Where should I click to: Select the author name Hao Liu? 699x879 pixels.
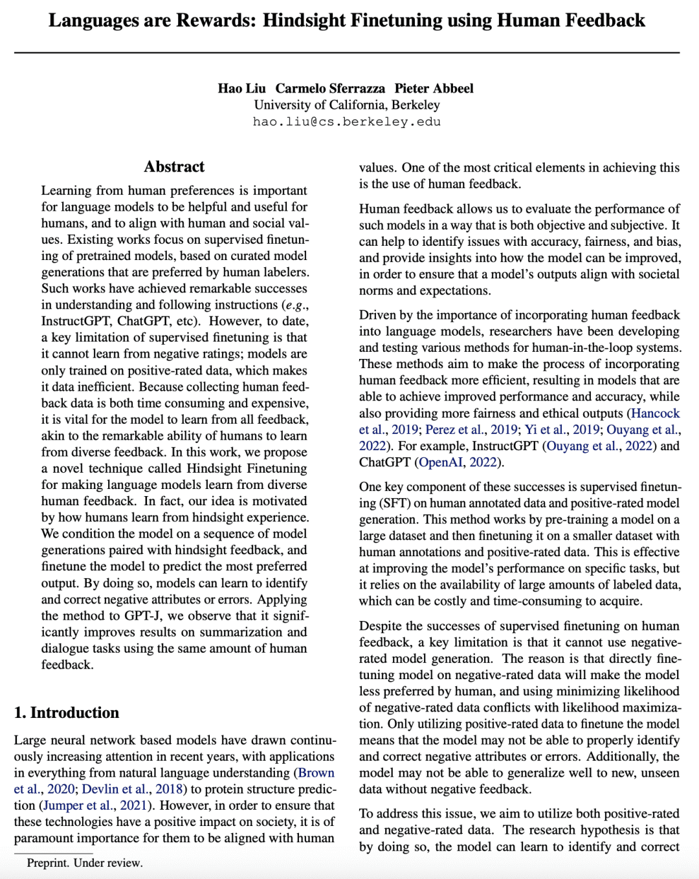click(x=241, y=89)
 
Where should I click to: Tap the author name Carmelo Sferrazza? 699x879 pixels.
click(x=330, y=89)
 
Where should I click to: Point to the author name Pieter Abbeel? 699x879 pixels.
click(x=434, y=89)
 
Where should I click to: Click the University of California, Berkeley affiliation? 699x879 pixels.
click(x=346, y=105)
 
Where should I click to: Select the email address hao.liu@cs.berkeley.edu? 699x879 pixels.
click(x=346, y=122)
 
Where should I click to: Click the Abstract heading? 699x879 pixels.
click(x=174, y=167)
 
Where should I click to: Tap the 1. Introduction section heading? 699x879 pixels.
click(x=67, y=713)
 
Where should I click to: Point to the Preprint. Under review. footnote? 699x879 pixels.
click(x=84, y=863)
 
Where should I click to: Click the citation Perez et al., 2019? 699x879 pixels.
click(x=471, y=429)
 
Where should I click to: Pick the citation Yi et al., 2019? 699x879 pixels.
click(x=562, y=429)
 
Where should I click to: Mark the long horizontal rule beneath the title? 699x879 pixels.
click(x=346, y=52)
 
